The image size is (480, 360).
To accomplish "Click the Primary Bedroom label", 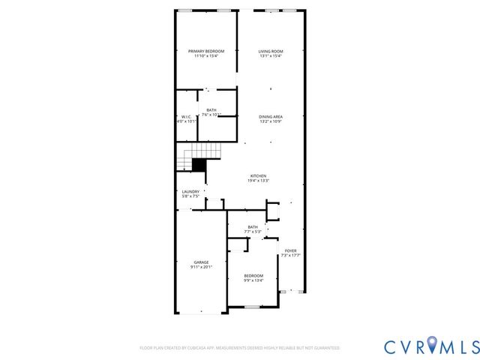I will (205, 51).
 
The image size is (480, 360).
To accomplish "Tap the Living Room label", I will (270, 51).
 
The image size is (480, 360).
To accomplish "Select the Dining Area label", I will (270, 116).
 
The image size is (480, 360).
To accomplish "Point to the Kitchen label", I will (258, 175).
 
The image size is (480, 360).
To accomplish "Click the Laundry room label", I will (190, 191).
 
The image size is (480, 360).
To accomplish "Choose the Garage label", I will (201, 262).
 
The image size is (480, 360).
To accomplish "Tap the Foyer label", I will (290, 250).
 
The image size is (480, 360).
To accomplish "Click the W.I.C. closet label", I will (187, 116).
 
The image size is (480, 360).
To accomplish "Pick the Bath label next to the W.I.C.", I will (211, 110).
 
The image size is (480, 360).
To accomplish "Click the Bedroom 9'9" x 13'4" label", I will (253, 275).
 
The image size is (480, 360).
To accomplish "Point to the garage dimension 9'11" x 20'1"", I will (201, 267).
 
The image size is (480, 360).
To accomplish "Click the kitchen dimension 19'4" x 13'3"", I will (258, 181).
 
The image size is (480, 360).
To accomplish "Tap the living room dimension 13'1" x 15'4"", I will (270, 56).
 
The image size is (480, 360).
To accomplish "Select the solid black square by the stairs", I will (199, 166).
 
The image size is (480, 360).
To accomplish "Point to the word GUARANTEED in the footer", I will (325, 348).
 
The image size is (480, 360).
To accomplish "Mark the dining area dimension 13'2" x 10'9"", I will (270, 121).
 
